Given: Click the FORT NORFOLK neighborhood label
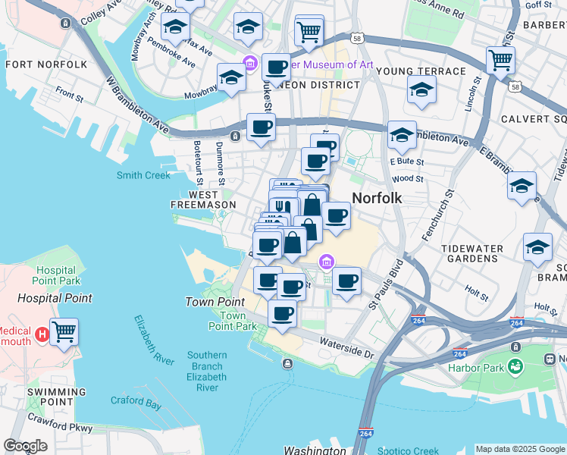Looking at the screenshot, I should (46, 64).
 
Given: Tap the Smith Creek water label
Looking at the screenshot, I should (143, 175).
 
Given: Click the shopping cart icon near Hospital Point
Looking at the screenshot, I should (64, 331).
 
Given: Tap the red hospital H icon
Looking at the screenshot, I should (42, 332).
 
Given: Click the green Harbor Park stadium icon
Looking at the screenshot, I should (515, 368).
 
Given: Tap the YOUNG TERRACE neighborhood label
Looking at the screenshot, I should (421, 71).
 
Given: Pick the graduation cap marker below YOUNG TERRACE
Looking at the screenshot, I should (421, 90).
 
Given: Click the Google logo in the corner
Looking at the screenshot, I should (24, 446).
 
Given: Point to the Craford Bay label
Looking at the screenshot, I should (136, 402).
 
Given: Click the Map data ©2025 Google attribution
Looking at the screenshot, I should (519, 449).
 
